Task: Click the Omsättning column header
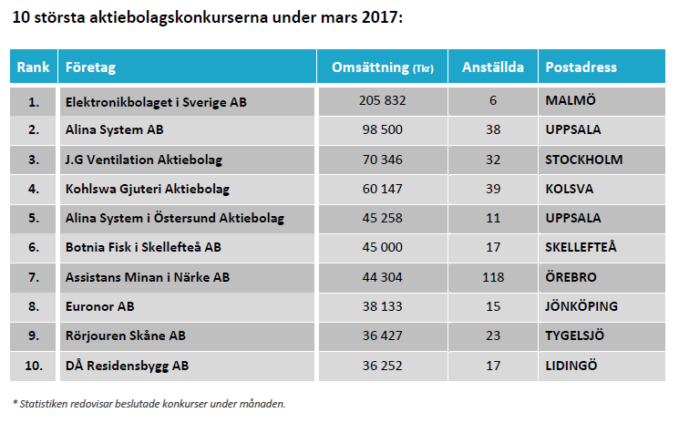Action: [x=382, y=67]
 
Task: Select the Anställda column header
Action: [x=493, y=67]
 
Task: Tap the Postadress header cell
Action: [x=581, y=67]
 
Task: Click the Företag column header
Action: [x=90, y=67]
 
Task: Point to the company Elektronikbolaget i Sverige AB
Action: [x=156, y=102]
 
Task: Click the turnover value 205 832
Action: [x=382, y=101]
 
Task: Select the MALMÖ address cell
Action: [x=571, y=101]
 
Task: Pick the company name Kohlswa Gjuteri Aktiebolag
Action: [x=147, y=189]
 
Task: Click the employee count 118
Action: [x=493, y=275]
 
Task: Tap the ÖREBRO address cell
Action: [x=572, y=275]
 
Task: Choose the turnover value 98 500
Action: [x=382, y=130]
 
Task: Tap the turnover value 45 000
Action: [x=382, y=246]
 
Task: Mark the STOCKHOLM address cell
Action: [x=584, y=160]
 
